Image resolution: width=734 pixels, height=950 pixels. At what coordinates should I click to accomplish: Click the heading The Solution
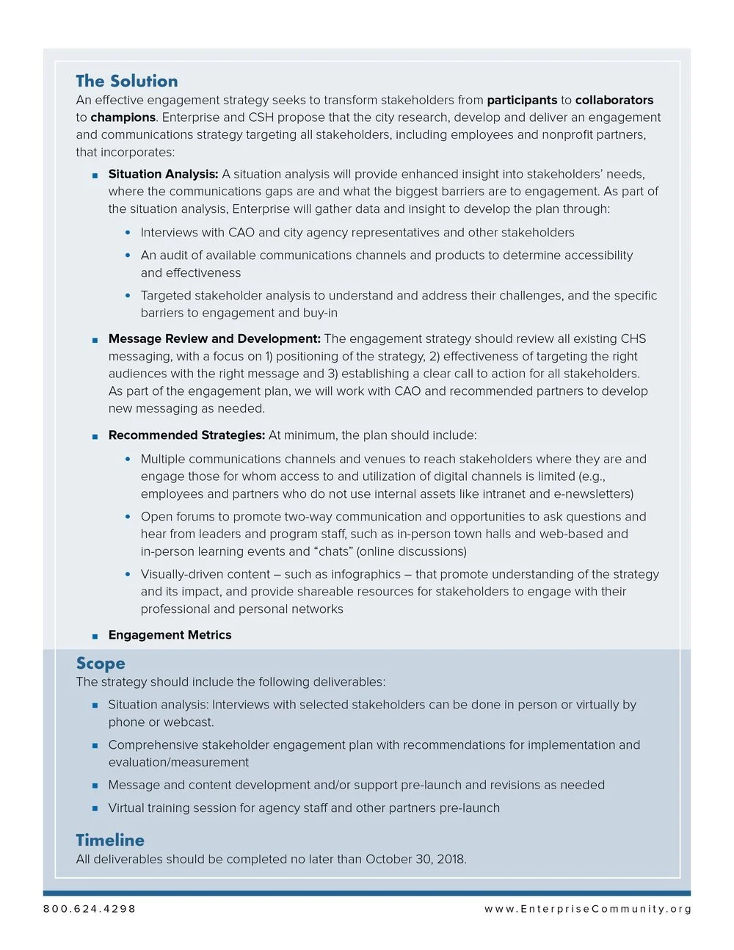point(126,81)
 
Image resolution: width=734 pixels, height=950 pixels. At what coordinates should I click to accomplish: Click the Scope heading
point(101,663)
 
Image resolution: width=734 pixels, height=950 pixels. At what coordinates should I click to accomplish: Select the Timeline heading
point(110,840)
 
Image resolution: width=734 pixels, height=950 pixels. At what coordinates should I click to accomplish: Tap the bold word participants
point(522,100)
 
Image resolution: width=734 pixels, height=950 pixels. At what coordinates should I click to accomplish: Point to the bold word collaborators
point(614,100)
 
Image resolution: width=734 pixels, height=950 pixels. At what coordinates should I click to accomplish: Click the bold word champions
point(123,117)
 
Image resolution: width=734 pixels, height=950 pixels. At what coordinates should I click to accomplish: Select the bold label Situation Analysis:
point(163,174)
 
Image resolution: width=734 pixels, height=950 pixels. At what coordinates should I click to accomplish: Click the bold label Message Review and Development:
point(214,338)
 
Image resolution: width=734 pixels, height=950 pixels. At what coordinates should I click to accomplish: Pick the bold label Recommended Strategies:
point(186,435)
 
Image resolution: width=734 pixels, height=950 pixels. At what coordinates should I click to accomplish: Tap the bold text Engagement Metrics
point(170,635)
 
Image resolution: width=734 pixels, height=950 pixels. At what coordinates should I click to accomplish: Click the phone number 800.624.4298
point(90,909)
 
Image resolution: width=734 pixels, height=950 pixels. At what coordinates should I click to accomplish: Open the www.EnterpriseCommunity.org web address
point(588,909)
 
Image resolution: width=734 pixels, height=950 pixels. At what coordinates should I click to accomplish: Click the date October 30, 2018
point(415,859)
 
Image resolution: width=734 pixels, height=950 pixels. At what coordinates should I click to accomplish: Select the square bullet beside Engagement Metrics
point(95,636)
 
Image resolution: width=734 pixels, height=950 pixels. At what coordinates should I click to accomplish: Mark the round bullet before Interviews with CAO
point(128,233)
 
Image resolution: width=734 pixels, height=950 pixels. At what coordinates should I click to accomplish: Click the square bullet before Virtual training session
point(95,808)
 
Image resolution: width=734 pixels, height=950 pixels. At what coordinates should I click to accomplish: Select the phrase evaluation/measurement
point(178,762)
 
